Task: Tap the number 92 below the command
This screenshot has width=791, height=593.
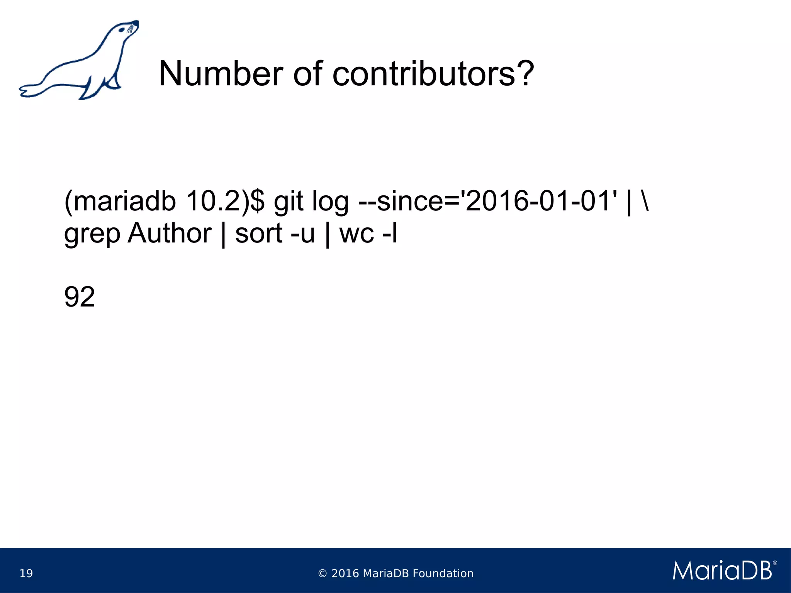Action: (x=79, y=297)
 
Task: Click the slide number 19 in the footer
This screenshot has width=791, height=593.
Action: (x=26, y=573)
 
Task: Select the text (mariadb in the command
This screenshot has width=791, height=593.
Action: (x=120, y=201)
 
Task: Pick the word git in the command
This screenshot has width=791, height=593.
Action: (x=289, y=201)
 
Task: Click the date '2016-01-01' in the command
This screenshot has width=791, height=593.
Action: (x=541, y=201)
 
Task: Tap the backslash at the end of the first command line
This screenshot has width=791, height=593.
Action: (x=645, y=201)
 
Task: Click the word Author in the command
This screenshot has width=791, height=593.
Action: (x=170, y=233)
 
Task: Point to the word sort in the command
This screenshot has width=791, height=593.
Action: (x=259, y=234)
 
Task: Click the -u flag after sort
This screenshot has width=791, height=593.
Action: (x=302, y=234)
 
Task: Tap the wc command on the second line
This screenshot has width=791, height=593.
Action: (x=356, y=234)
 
